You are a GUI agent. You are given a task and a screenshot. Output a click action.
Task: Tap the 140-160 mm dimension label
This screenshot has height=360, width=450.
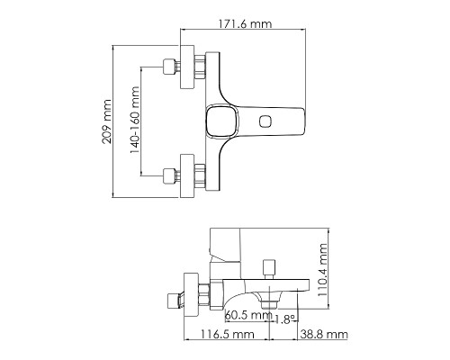pyautogui.click(x=135, y=121)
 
